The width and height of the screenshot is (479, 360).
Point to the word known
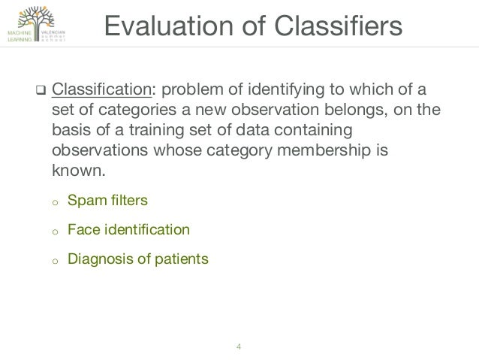pyautogui.click(x=77, y=170)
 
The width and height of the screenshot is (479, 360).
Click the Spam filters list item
pyautogui.click(x=107, y=201)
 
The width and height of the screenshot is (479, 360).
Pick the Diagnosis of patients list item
pyautogui.click(x=137, y=259)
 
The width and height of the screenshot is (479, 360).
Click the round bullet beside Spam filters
pyautogui.click(x=53, y=202)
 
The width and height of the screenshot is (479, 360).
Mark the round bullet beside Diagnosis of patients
pyautogui.click(x=53, y=261)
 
